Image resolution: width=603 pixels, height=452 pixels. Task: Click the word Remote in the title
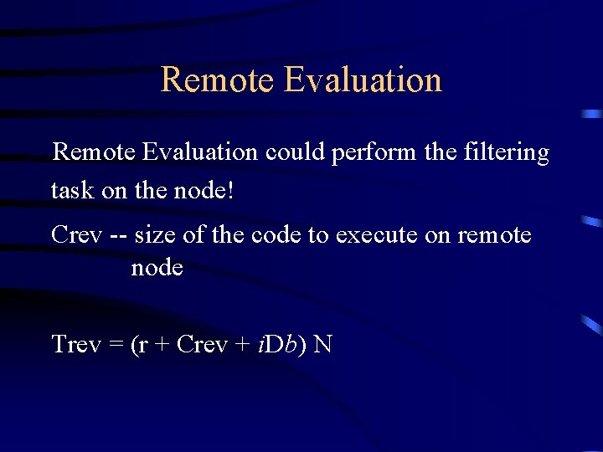click(x=217, y=80)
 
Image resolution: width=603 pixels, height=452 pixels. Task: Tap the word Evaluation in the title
click(x=363, y=80)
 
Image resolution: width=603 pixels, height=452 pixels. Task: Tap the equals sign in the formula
click(x=116, y=345)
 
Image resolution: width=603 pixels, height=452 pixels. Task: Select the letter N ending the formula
click(x=322, y=344)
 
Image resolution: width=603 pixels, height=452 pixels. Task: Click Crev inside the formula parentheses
click(x=202, y=344)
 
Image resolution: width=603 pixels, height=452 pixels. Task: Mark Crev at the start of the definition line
click(x=76, y=235)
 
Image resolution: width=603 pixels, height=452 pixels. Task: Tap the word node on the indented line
click(x=157, y=268)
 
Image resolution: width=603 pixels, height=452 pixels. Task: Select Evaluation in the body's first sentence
click(x=199, y=153)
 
